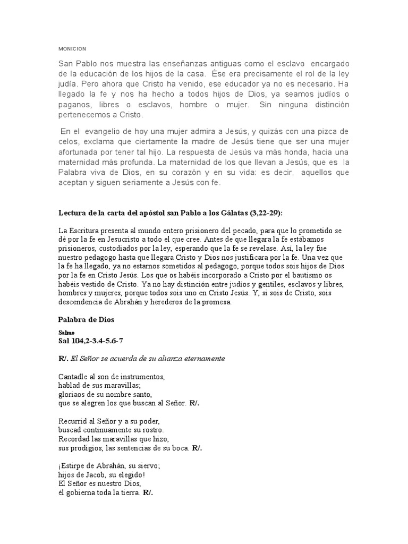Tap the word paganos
tap(74, 105)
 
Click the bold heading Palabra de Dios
tap(86, 320)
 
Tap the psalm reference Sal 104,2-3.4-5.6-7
tap(93, 340)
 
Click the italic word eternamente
tap(200, 359)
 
